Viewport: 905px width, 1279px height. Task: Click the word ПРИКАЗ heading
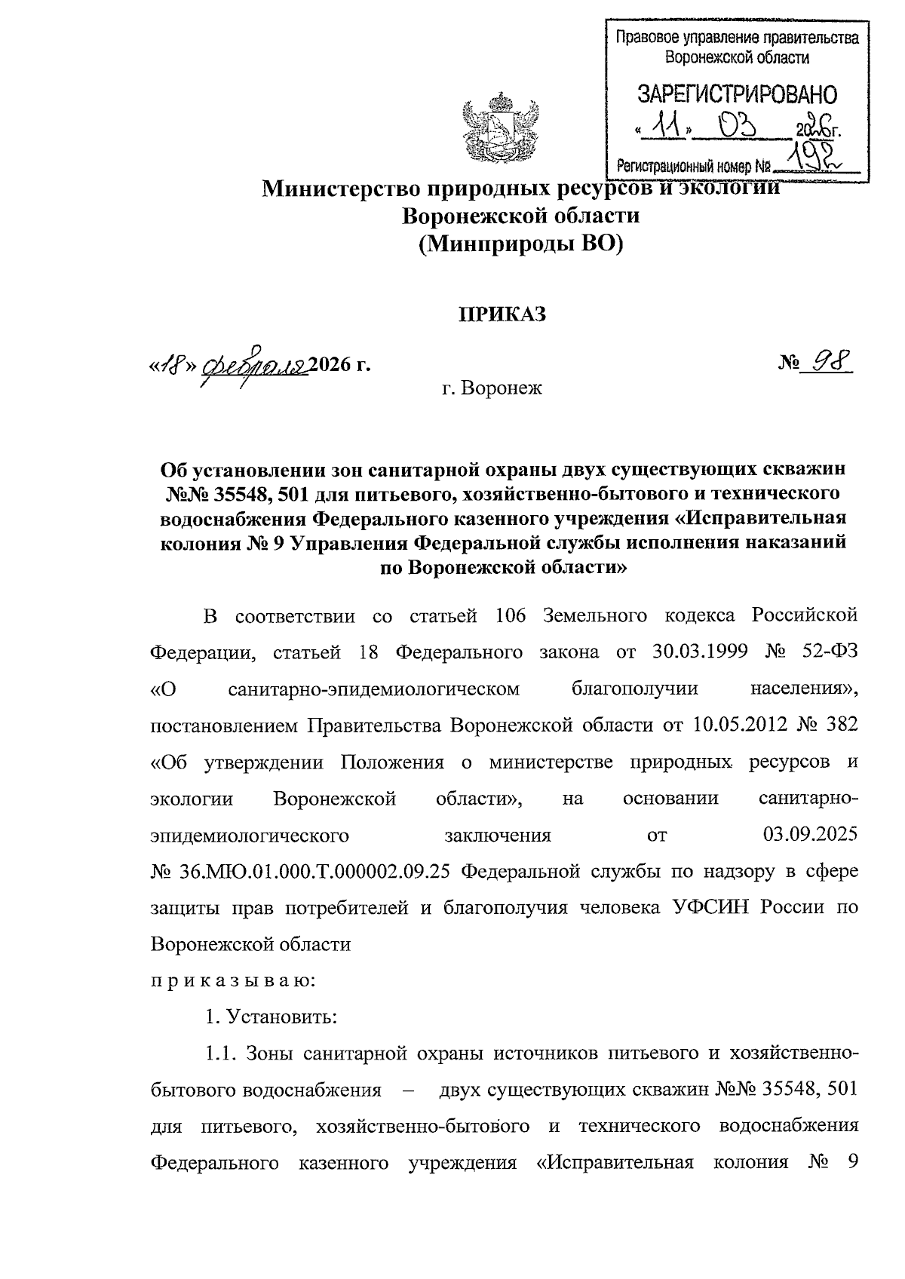[x=503, y=314]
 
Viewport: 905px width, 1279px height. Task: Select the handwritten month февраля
[x=254, y=365]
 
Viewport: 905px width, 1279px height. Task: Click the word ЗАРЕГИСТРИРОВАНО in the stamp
[x=737, y=95]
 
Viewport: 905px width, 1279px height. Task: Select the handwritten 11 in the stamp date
[x=666, y=126]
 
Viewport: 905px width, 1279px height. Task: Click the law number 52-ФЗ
[x=830, y=652]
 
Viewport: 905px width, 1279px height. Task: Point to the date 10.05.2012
[x=730, y=725]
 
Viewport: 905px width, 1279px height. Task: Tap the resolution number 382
[x=838, y=725]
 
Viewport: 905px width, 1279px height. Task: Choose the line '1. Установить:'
[x=271, y=1017]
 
